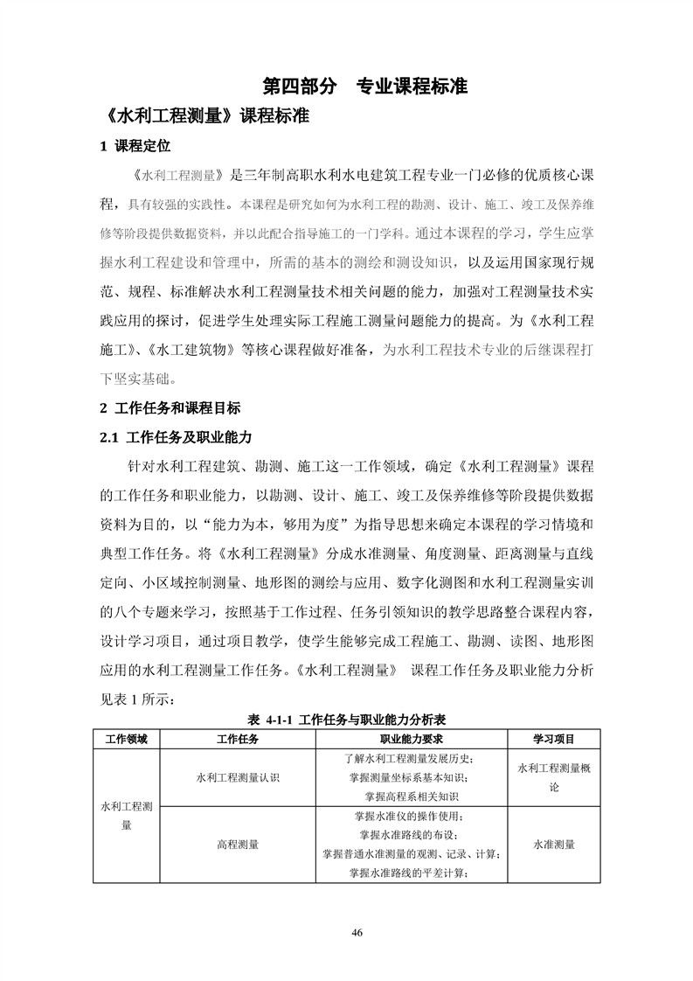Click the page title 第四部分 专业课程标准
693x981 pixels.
(x=365, y=87)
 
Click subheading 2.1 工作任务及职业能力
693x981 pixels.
(x=176, y=436)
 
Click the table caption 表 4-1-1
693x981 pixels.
(x=347, y=720)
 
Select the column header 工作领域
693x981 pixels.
(x=127, y=739)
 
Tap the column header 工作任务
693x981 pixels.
(x=237, y=739)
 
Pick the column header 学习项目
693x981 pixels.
(x=553, y=739)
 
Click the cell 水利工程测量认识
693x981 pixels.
(x=237, y=777)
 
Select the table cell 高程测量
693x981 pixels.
(x=237, y=845)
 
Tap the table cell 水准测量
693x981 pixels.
(x=553, y=845)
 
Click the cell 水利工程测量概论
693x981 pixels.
(x=553, y=777)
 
